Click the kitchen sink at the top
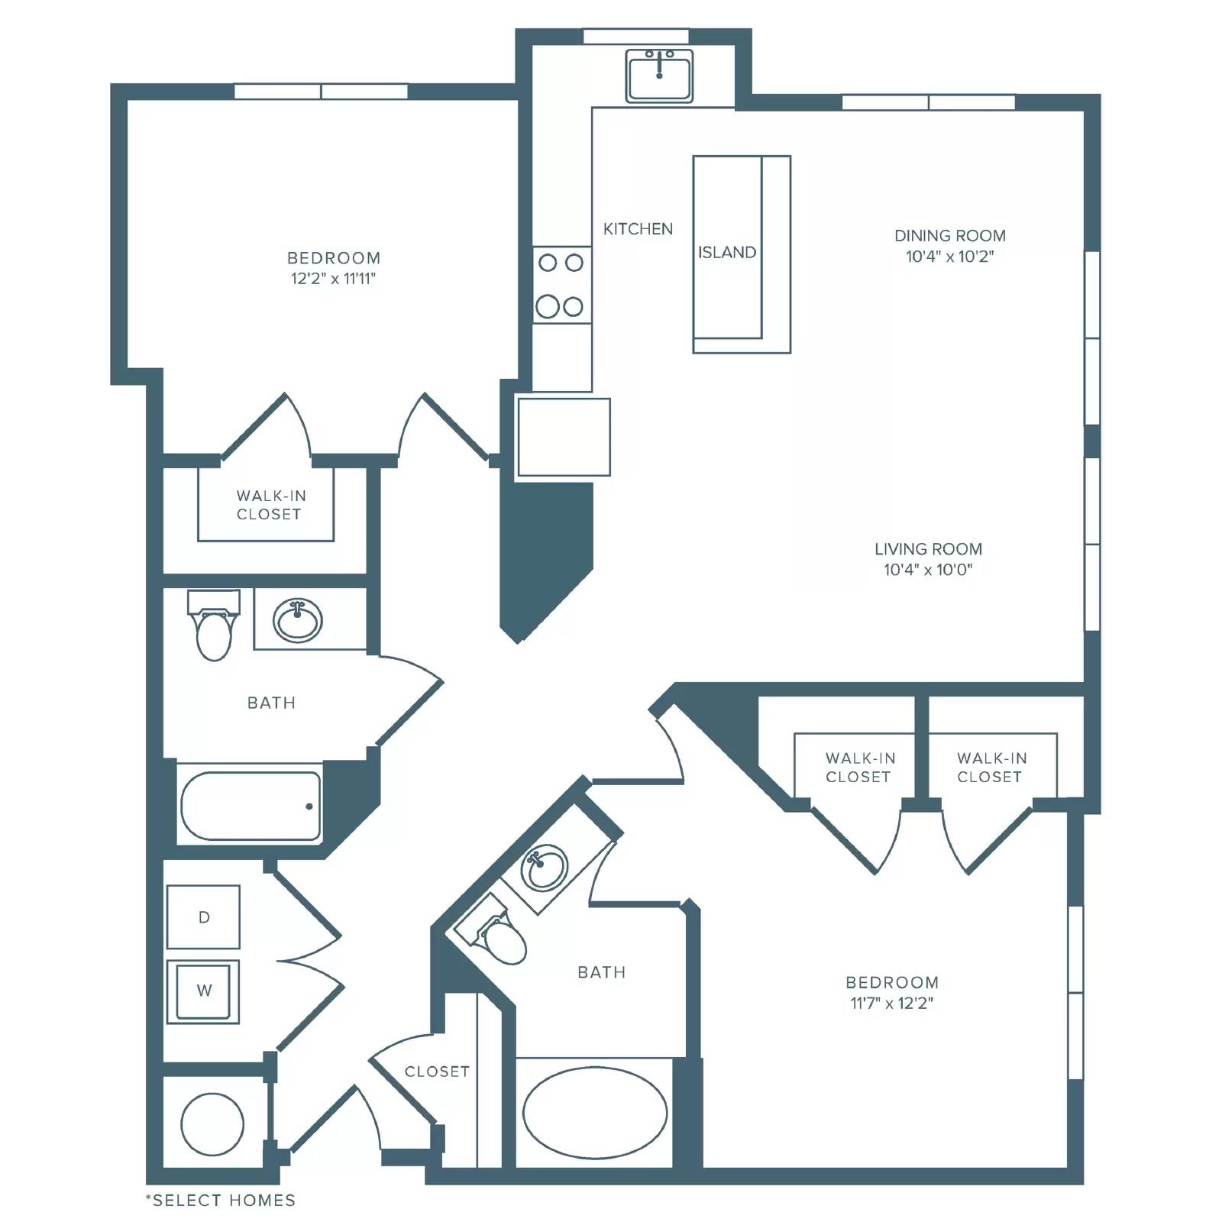659,76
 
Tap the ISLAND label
727,253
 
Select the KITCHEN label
638,229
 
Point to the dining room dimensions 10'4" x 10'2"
950,257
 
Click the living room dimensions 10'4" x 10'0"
928,570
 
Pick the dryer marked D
203,916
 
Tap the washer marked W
203,991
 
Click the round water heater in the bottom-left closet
212,1124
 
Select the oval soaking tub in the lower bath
595,1113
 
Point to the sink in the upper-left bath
298,619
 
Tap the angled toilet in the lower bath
492,933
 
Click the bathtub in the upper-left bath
251,806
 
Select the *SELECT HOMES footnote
221,1201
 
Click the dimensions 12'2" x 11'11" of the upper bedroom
334,279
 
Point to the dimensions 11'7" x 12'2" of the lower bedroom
892,1004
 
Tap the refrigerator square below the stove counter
564,437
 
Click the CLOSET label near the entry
437,1072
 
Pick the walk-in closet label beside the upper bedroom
270,505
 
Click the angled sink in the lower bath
544,867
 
